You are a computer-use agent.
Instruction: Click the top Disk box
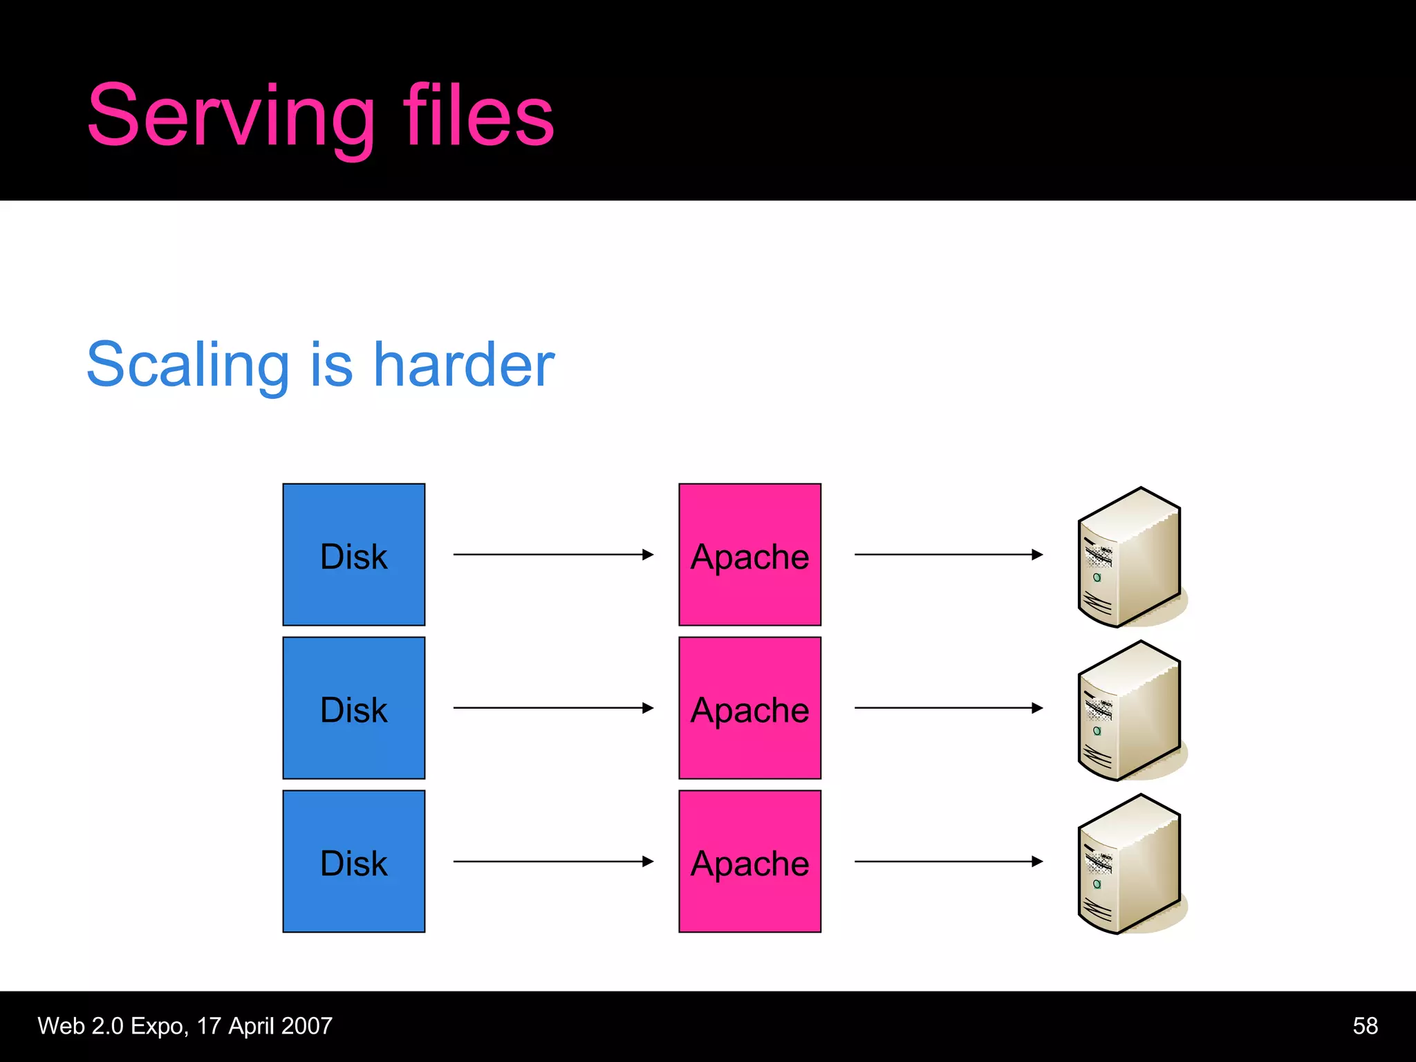(x=353, y=555)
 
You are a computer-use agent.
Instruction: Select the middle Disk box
(x=353, y=708)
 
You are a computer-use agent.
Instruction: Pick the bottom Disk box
(x=353, y=861)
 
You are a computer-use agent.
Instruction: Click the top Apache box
(x=749, y=555)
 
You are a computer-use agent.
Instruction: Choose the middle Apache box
(x=749, y=708)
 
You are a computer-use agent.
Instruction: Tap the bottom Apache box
(x=749, y=861)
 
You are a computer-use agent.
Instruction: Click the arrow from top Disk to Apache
(x=553, y=555)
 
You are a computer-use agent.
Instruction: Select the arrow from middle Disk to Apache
(x=553, y=708)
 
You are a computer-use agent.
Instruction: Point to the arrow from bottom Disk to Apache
(x=553, y=861)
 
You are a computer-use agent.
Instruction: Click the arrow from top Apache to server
(x=949, y=555)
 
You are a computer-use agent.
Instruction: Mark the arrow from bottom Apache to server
(x=949, y=861)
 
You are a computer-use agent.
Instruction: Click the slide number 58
(x=1365, y=1026)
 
